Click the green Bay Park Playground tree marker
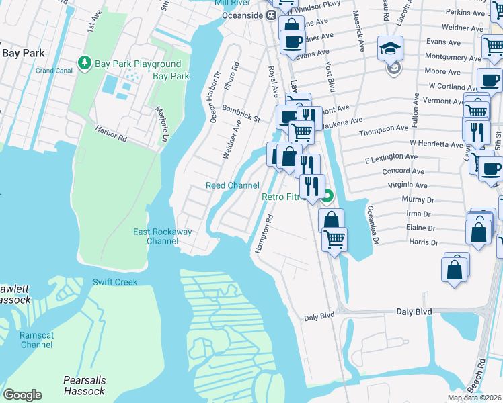click(x=84, y=63)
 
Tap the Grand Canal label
click(x=54, y=71)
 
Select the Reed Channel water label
click(x=232, y=185)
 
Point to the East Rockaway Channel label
click(x=162, y=236)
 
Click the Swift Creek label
click(x=115, y=282)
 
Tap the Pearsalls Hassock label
click(x=84, y=386)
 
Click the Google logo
click(x=22, y=395)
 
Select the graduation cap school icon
click(x=390, y=48)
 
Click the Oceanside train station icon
click(x=272, y=15)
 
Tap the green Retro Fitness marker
click(x=327, y=197)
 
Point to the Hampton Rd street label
click(x=263, y=233)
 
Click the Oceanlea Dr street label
click(x=372, y=224)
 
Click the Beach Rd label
click(x=480, y=377)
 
